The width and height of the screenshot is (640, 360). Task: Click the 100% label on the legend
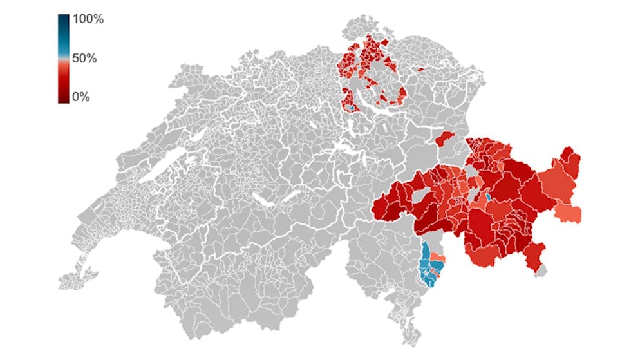[88, 19]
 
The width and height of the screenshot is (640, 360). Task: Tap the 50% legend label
[84, 58]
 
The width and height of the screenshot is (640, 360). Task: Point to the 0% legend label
[81, 97]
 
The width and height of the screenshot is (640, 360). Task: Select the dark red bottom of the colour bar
[64, 98]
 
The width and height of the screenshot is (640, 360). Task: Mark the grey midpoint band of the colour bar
[64, 59]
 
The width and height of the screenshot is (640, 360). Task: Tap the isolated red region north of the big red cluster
[445, 138]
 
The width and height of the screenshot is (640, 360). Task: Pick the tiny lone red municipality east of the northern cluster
[420, 69]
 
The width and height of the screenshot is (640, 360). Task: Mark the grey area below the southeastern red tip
[541, 271]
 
